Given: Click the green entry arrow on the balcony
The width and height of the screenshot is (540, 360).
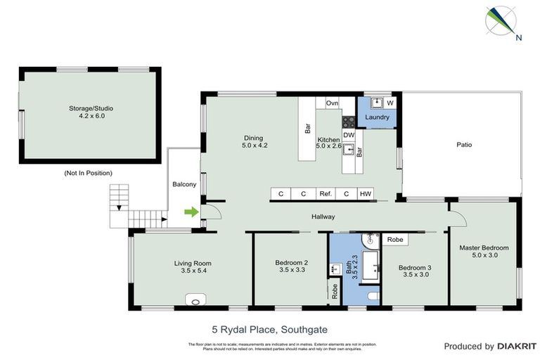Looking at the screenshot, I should (x=189, y=211).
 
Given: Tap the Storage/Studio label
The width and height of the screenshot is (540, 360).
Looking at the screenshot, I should (x=91, y=112).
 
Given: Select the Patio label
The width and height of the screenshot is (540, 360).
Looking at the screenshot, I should (x=463, y=145).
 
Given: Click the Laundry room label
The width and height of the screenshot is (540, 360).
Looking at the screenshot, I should (x=377, y=117).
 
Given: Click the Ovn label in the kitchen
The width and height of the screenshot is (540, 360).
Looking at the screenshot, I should (x=332, y=103).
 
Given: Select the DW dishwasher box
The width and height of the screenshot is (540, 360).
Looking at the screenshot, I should (x=349, y=135).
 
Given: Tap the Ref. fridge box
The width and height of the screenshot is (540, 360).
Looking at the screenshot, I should (x=325, y=194).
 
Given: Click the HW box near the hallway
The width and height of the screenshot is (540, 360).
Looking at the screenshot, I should (x=365, y=194).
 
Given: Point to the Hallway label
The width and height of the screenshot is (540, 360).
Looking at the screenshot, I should (x=323, y=217).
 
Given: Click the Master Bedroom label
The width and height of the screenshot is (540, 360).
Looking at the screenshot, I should (x=484, y=252).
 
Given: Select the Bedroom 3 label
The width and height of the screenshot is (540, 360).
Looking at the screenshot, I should (x=413, y=270).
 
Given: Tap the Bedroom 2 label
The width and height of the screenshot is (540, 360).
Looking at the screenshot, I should (x=290, y=266).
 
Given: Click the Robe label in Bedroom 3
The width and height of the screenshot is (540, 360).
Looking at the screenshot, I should (x=395, y=240).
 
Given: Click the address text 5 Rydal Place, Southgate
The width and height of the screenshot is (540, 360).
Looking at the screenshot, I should (x=269, y=328).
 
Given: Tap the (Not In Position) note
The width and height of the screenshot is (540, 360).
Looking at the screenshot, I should (x=88, y=173).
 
